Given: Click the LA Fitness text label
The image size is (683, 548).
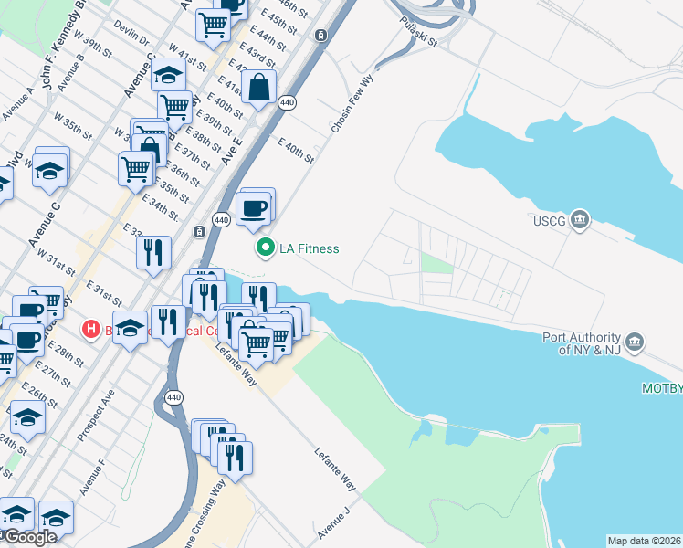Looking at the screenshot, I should coord(310,248).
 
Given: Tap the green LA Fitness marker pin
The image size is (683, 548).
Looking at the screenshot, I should coord(266,248).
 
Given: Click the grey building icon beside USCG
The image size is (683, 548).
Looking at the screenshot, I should coord(579,220).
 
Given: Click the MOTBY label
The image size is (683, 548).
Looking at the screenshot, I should coord(663,389).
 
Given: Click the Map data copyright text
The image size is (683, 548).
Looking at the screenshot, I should coord(644,541).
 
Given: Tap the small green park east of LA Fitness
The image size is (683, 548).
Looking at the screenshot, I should coord(436,264).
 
